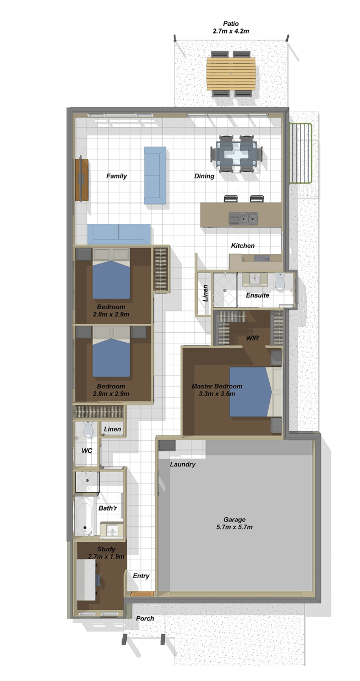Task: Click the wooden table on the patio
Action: point(231,74)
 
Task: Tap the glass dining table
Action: point(236,154)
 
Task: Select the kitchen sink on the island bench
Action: point(243,218)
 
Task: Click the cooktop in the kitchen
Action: point(261,259)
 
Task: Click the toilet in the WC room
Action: point(88,429)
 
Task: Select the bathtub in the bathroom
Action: point(83,517)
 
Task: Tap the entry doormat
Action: point(142,594)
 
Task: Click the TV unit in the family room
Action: point(81,179)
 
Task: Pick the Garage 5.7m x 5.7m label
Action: point(234,523)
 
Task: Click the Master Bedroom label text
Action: point(217,386)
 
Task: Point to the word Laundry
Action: point(183,464)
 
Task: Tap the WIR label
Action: point(252,338)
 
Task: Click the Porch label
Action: point(145,618)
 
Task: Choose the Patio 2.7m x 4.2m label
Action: point(231,27)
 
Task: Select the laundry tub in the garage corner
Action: point(167,446)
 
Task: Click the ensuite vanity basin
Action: point(255,279)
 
